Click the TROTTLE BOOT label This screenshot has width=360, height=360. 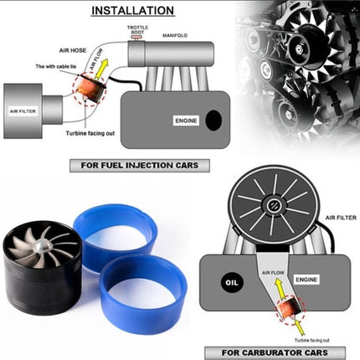138,31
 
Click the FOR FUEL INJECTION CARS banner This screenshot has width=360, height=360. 135,166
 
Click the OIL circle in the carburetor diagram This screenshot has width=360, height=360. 225,281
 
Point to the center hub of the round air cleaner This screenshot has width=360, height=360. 274,204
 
